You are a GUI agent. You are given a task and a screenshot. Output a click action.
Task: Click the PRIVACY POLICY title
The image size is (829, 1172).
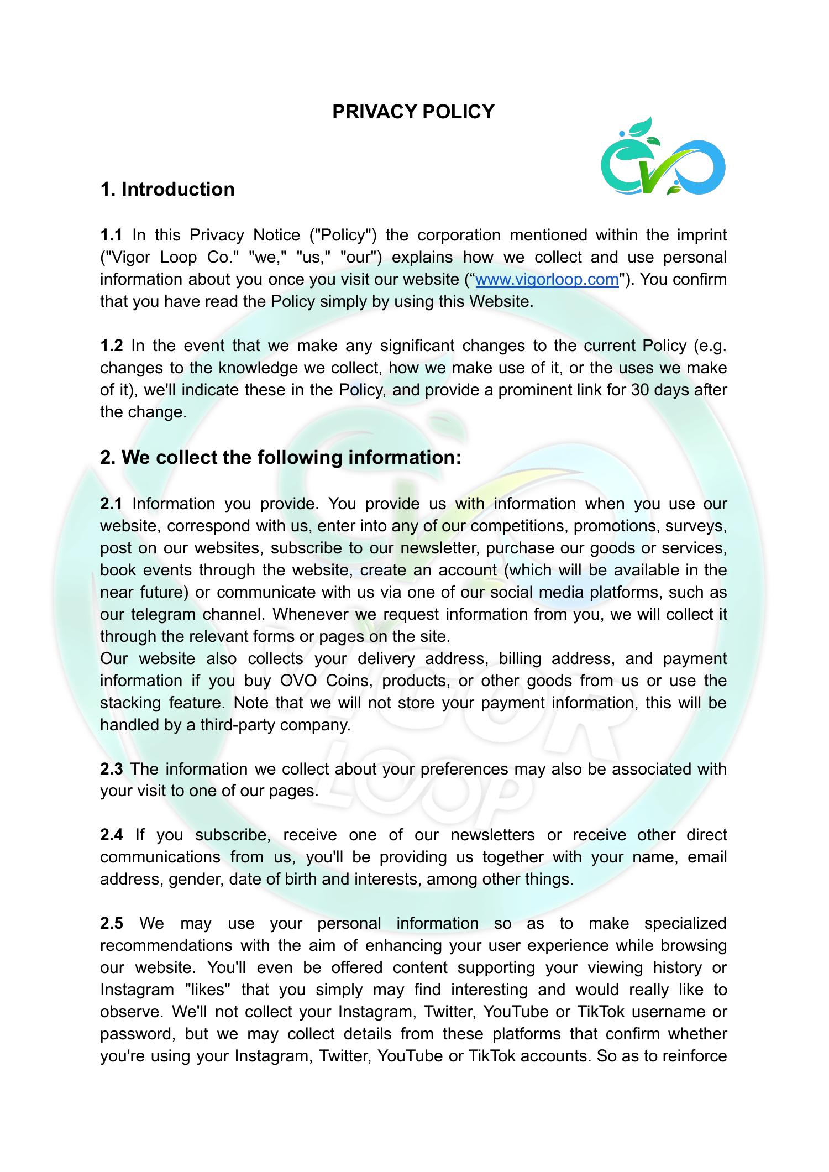(413, 112)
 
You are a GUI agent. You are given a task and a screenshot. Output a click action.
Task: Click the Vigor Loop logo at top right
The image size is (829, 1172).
(663, 158)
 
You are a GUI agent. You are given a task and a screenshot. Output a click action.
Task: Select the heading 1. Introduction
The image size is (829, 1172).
(167, 189)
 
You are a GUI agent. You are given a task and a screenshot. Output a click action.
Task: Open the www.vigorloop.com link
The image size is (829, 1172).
(547, 279)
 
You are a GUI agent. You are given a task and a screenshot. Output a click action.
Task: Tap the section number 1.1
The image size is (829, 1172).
(111, 235)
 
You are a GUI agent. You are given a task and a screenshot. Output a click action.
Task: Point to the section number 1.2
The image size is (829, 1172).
(111, 346)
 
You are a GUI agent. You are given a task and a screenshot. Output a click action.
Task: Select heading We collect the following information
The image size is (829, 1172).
(280, 457)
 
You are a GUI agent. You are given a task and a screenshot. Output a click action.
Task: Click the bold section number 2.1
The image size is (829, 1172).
(111, 504)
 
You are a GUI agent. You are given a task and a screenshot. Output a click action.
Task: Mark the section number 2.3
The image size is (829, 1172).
(111, 769)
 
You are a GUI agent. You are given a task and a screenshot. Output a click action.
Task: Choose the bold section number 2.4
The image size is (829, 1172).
(111, 835)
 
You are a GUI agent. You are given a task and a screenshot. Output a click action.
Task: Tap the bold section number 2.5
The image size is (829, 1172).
(111, 923)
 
